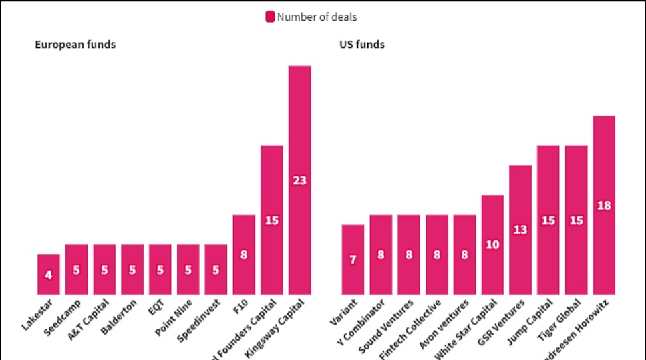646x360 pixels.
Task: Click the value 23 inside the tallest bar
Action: [x=299, y=180]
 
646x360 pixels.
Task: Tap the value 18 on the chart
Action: [x=604, y=206]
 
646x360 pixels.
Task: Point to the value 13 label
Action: [x=520, y=230]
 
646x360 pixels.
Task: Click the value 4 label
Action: [x=49, y=275]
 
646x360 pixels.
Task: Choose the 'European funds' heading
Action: [x=75, y=45]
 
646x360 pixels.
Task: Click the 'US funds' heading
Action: [x=362, y=45]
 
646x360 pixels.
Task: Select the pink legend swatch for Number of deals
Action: [x=270, y=17]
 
